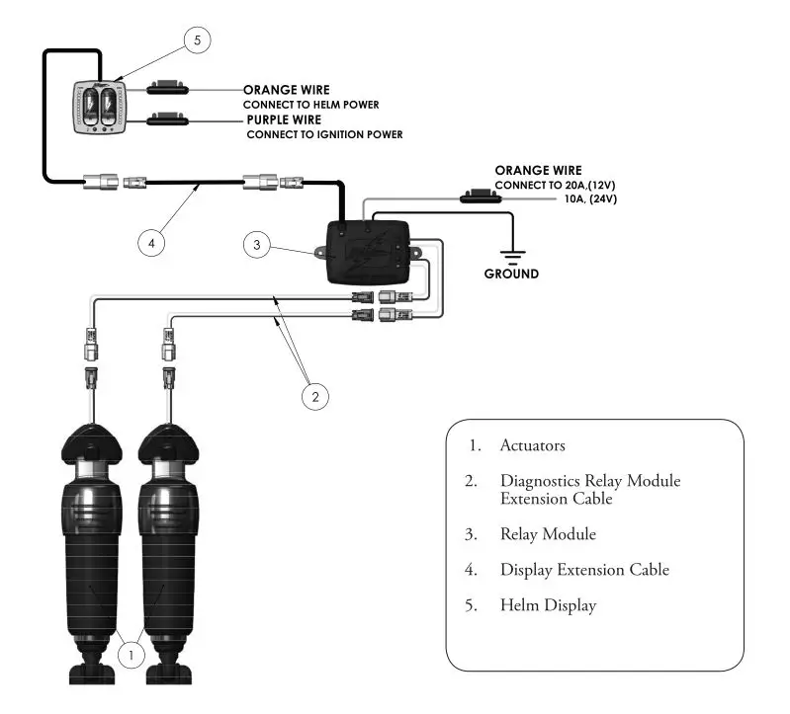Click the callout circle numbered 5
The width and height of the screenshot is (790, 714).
pos(198,40)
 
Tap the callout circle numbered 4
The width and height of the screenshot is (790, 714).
pos(151,239)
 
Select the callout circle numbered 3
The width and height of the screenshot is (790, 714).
pos(257,246)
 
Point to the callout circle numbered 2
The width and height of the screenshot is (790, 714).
pos(314,397)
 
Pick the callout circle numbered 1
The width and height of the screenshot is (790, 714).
pos(132,653)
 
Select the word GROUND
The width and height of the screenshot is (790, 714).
pos(511,274)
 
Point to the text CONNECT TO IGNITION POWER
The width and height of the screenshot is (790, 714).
pos(324,134)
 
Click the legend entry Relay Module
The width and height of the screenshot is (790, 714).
pos(548,534)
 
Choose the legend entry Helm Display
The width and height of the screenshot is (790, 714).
pos(548,605)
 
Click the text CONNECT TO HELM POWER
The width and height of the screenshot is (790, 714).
pos(311,104)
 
